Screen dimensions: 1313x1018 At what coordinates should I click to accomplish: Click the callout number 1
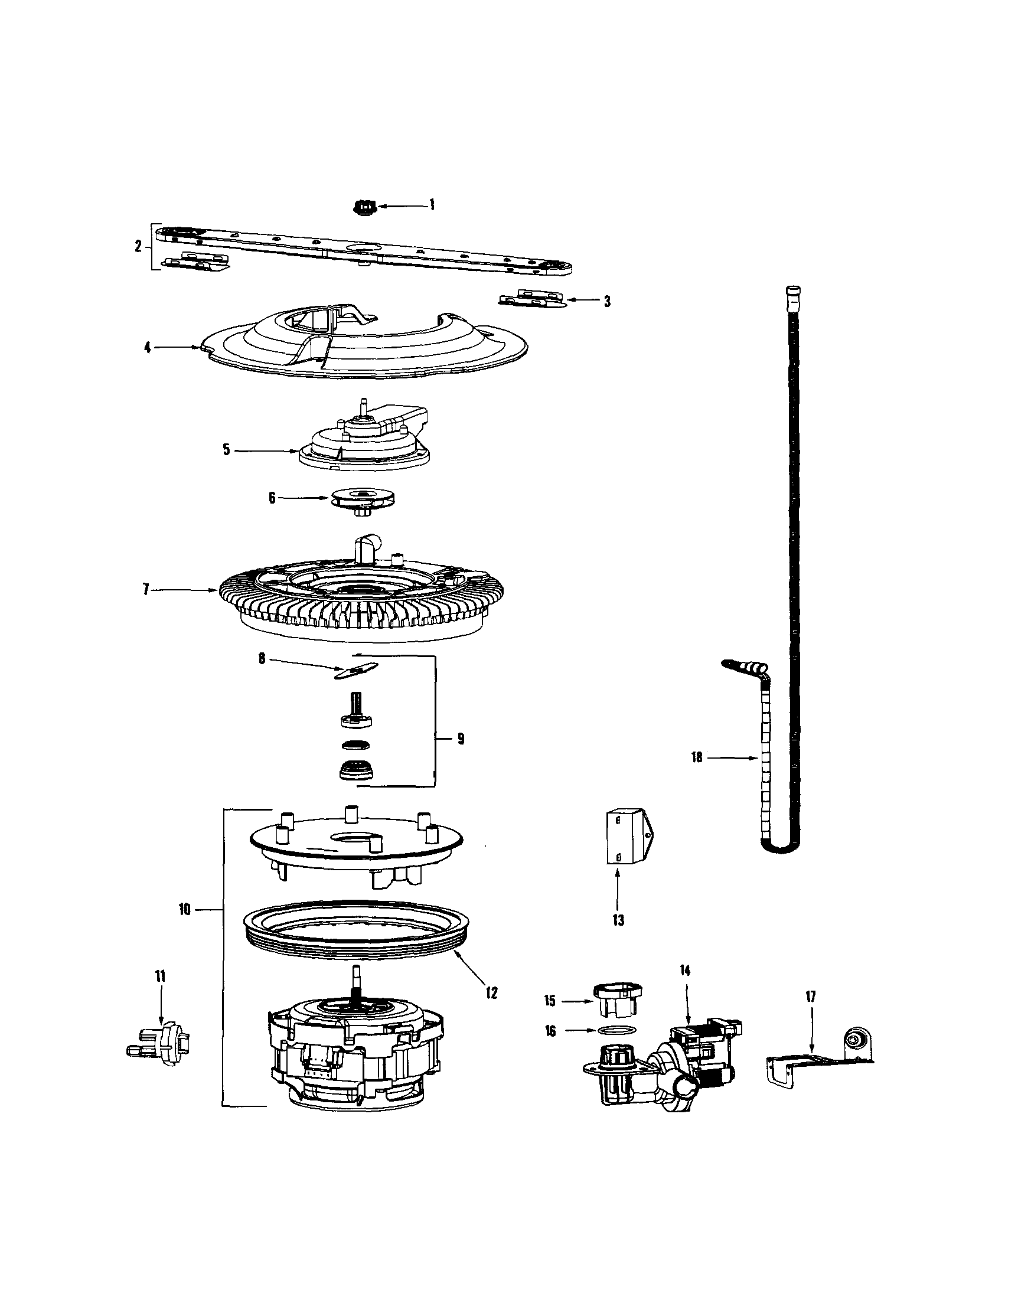[431, 205]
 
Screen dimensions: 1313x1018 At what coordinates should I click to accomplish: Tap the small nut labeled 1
[363, 208]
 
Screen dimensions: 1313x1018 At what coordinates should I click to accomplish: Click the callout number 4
[147, 348]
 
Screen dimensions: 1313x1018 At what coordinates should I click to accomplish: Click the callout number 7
[145, 590]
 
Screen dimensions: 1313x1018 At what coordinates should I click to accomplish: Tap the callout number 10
[184, 910]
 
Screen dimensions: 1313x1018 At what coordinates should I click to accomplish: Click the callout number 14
[686, 971]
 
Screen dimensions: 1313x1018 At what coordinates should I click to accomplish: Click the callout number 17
[810, 996]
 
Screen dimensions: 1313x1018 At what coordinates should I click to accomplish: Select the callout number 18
[696, 758]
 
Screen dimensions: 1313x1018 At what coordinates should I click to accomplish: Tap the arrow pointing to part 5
[265, 450]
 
